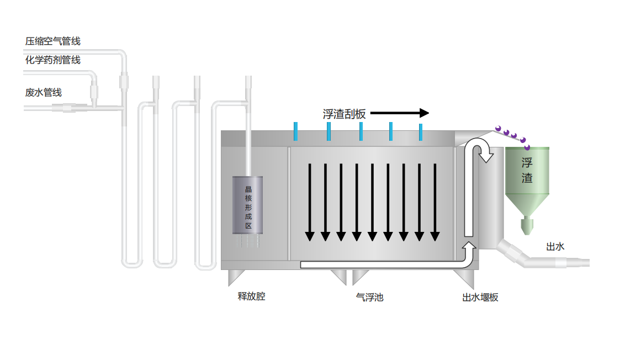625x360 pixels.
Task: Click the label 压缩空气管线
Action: tap(53, 41)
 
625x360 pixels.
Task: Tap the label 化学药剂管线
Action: tap(53, 60)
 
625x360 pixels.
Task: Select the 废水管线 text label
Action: tap(44, 92)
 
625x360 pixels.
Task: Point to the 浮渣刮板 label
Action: tap(345, 114)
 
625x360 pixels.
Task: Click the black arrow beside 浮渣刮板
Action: tap(399, 113)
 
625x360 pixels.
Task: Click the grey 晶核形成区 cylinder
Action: tap(248, 204)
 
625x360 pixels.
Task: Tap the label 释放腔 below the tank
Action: tap(252, 297)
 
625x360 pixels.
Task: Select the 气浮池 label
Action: tap(370, 297)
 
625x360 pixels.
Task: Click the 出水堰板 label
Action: tap(480, 297)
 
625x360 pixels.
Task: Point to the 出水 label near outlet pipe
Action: tap(555, 247)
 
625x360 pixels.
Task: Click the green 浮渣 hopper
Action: tap(527, 177)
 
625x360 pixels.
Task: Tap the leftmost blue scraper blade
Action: tap(296, 131)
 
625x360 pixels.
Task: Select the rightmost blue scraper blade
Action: tap(421, 131)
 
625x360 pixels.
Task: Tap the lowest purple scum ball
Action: tap(527, 147)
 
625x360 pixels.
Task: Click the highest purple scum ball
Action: tap(498, 129)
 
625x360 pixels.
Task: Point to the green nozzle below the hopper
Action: tap(527, 224)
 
